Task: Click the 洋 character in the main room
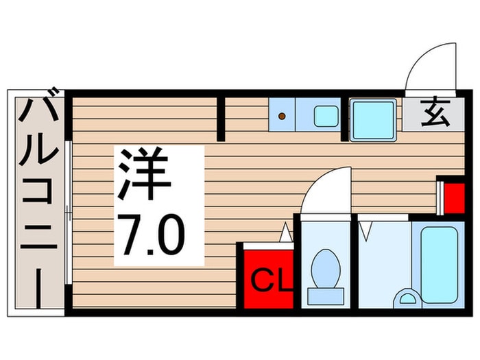145,175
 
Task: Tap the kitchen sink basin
326,116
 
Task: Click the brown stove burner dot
281,117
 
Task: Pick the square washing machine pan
373,120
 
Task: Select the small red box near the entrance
453,197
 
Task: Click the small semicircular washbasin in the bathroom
407,298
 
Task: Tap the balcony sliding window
68,213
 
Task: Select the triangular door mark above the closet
285,233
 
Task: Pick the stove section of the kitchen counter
282,115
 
